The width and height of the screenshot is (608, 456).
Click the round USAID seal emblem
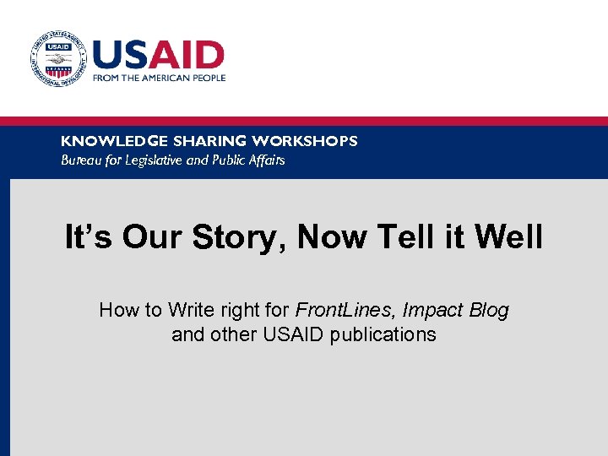click(x=57, y=59)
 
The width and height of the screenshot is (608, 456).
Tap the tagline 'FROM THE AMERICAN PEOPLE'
click(x=160, y=78)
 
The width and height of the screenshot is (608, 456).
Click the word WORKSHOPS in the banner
click(x=305, y=141)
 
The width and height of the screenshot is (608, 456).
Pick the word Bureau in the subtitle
click(x=80, y=160)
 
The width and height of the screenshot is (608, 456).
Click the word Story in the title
click(x=240, y=239)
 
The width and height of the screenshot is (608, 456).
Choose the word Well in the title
click(x=509, y=237)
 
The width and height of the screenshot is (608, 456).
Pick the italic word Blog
click(x=489, y=311)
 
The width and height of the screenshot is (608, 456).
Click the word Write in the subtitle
click(x=192, y=310)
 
